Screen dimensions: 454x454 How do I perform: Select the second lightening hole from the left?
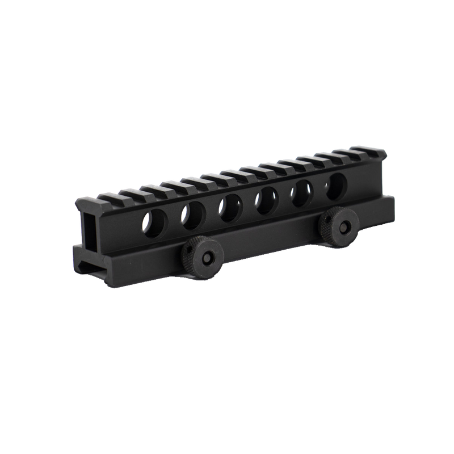coord(191,213)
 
